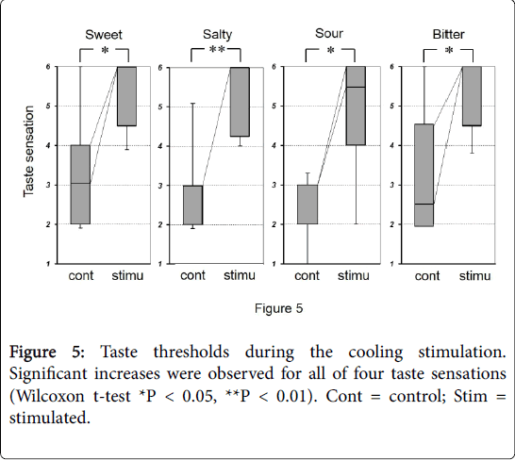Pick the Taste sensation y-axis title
[x=30, y=165]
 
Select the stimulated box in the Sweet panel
[x=127, y=95]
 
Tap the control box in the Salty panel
[x=192, y=205]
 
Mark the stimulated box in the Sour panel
[x=356, y=106]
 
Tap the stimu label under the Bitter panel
[x=474, y=276]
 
